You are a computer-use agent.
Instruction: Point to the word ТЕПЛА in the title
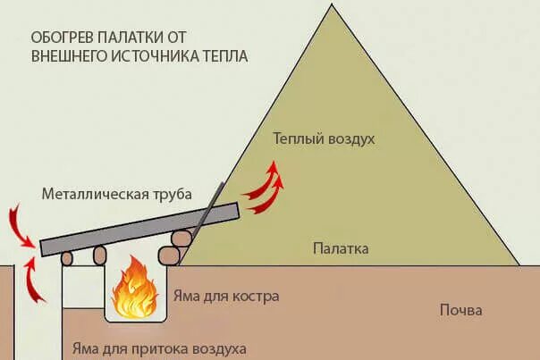pyautogui.click(x=224, y=55)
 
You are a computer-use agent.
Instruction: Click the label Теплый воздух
pyautogui.click(x=323, y=140)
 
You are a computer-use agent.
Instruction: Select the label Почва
pyautogui.click(x=460, y=311)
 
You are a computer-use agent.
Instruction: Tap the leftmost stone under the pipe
pyautogui.click(x=66, y=258)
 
